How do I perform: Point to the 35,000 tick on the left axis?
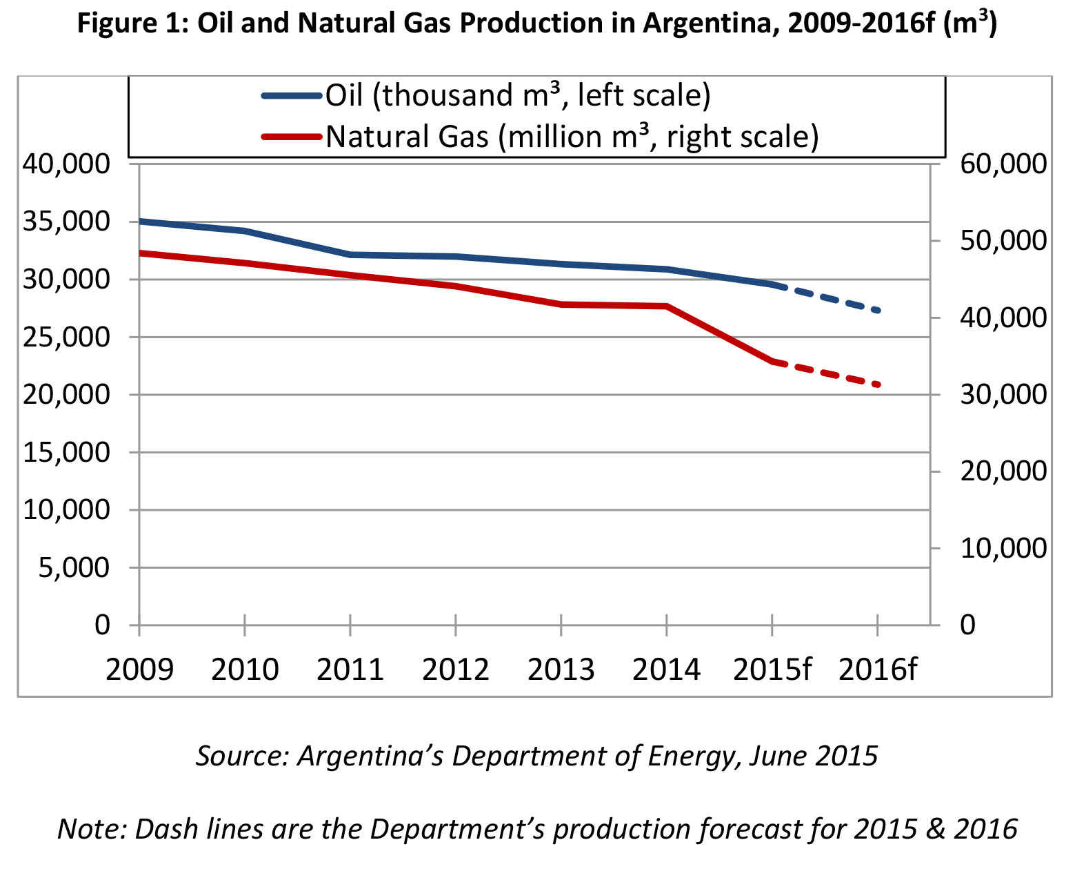(x=66, y=222)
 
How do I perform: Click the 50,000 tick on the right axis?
(x=1003, y=241)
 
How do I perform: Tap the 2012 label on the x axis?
(x=455, y=670)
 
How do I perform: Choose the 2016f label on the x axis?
(x=877, y=670)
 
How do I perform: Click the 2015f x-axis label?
(x=772, y=670)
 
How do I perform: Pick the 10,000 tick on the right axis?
(x=1003, y=548)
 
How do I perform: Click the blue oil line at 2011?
(x=350, y=255)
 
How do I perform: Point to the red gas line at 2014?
(x=667, y=306)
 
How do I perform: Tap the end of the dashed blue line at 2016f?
(x=878, y=311)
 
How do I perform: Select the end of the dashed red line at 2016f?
(x=878, y=384)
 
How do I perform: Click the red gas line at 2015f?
(x=772, y=361)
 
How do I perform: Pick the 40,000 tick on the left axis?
(x=66, y=164)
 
